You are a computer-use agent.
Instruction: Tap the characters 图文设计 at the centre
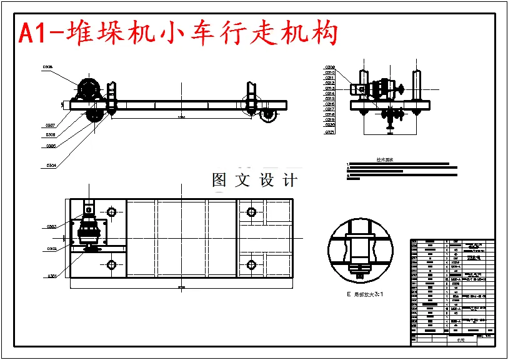(254, 181)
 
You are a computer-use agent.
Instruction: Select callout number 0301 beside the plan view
(52, 276)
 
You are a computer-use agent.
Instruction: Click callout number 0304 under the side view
(52, 166)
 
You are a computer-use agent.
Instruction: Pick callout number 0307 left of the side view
(51, 125)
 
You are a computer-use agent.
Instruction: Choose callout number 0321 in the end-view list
(330, 132)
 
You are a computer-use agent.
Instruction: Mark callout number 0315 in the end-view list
(330, 99)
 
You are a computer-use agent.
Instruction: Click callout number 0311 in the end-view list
(330, 77)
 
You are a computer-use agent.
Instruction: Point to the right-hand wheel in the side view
(269, 116)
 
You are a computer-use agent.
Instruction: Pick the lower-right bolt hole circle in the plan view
(251, 264)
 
